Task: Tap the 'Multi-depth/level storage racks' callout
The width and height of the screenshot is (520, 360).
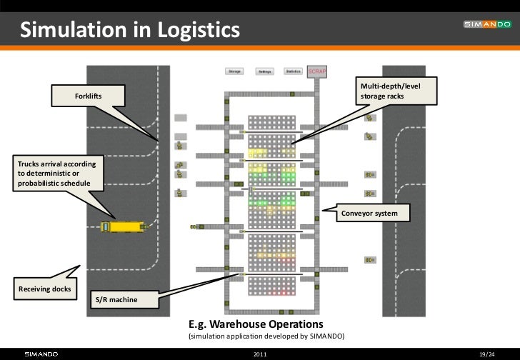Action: pyautogui.click(x=396, y=91)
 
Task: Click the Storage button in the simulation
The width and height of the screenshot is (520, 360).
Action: pyautogui.click(x=234, y=71)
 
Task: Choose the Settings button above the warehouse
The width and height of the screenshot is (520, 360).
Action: pyautogui.click(x=264, y=71)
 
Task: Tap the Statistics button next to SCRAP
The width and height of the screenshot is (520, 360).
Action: pyautogui.click(x=292, y=71)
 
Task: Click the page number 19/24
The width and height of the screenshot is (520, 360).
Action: pyautogui.click(x=487, y=354)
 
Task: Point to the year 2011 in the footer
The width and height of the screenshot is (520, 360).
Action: pyautogui.click(x=260, y=354)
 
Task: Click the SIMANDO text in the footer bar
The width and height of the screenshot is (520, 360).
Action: pyautogui.click(x=41, y=354)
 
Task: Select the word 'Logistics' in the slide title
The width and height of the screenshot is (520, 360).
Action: pyautogui.click(x=191, y=31)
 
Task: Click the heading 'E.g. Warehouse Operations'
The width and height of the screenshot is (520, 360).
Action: pyautogui.click(x=255, y=324)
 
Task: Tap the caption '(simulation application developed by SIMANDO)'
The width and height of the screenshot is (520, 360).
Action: pyautogui.click(x=266, y=336)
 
